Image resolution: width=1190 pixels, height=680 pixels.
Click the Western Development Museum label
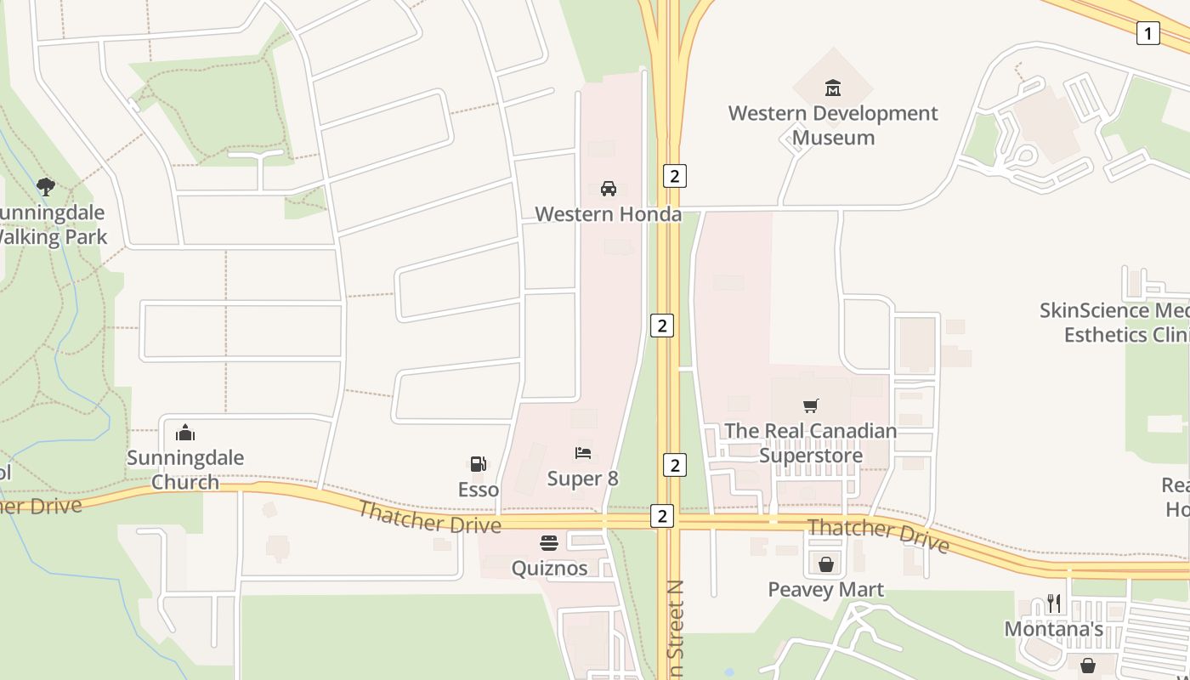pos(833,125)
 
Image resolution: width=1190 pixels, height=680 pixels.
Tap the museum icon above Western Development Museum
pos(833,88)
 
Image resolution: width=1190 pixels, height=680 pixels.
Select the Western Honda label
pos(609,214)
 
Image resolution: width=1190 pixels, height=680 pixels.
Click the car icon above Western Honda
pos(609,188)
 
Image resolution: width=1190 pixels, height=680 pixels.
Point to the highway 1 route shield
pos(1147,33)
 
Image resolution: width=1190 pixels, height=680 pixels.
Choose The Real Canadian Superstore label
pos(810,443)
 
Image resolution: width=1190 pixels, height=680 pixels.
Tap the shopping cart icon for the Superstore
pos(811,406)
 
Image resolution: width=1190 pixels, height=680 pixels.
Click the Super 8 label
pos(583,479)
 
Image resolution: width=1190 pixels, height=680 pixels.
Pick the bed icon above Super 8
pos(583,453)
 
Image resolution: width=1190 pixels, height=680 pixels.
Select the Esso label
pos(479,490)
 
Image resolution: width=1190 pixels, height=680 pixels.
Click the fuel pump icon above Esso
pos(479,464)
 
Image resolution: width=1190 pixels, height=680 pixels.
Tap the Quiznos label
pos(549,568)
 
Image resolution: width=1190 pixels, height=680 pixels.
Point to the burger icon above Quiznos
pos(549,543)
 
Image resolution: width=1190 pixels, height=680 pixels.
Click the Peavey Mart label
pos(826,589)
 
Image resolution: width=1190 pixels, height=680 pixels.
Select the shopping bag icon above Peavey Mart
pos(826,564)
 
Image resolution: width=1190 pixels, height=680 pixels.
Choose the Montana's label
pos(1054,629)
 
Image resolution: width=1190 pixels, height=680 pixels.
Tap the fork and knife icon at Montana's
pos(1054,603)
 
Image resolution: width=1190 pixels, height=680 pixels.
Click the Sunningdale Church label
pos(185,470)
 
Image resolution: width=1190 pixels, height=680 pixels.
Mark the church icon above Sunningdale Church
pos(185,433)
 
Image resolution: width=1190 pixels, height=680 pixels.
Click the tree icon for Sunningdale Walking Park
pos(46,186)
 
